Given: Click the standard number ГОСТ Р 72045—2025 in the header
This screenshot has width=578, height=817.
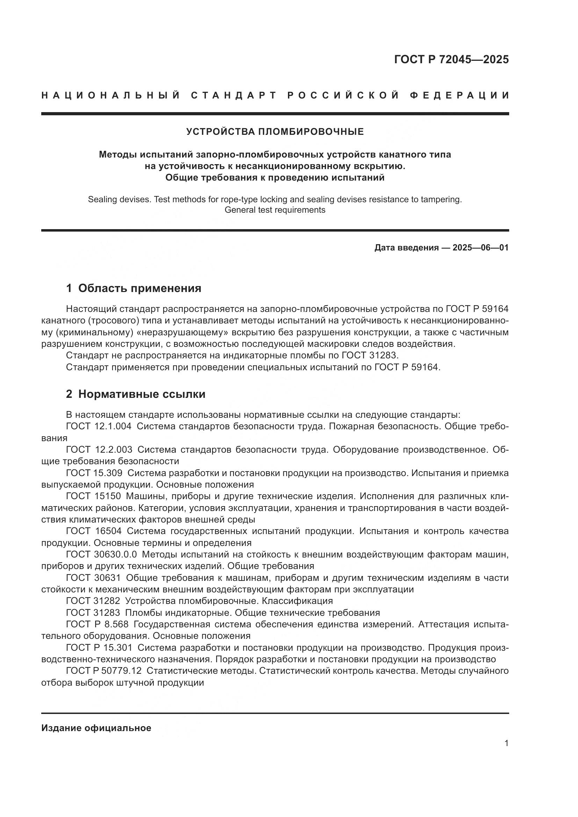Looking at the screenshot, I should coord(451,59).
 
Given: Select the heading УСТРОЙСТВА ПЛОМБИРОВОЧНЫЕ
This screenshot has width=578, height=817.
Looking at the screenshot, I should coord(275,132).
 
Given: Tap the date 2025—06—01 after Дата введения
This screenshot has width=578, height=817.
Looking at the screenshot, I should coord(481,248).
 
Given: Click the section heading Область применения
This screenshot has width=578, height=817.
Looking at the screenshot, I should coord(139,288).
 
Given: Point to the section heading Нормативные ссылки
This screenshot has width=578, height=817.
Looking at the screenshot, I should coord(142,394).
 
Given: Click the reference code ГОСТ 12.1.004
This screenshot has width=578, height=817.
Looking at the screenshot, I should coord(99,426).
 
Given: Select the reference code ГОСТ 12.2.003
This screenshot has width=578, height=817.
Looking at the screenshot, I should coord(99,450).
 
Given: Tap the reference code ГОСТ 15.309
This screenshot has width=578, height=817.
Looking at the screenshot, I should coord(94,473).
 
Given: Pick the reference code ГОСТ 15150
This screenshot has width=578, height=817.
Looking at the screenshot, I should coord(94,496).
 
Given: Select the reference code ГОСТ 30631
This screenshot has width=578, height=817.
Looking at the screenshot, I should coord(94,578).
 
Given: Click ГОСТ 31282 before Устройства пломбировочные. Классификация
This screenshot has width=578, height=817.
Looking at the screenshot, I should coord(94,601).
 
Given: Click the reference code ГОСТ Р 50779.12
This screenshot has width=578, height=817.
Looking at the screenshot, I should coord(103,671).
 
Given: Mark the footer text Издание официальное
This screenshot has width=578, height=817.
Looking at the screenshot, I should coord(96,728).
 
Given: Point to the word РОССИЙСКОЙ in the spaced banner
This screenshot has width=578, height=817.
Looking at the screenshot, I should coord(343,95).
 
